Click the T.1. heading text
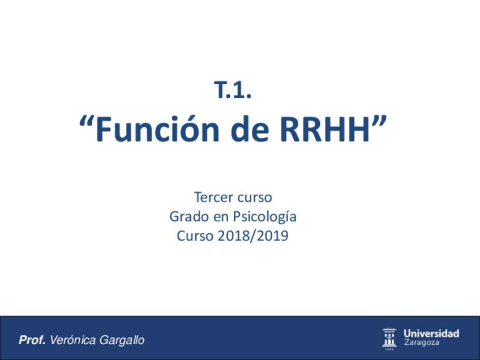pos(233,91)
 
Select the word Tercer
pos(212,198)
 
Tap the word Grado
pos(187,217)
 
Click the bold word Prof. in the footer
pos(32,340)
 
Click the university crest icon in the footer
pos(389,338)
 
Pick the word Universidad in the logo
pos(431,333)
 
